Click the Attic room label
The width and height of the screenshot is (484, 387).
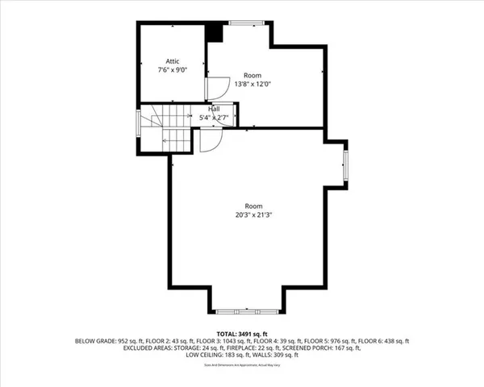pos(173,61)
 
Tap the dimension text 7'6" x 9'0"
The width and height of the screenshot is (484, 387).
pos(173,69)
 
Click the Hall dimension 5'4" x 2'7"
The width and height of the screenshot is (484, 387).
pos(215,118)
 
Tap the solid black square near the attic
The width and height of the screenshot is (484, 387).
pos(214,33)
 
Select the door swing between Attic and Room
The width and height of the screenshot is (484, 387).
pos(215,87)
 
